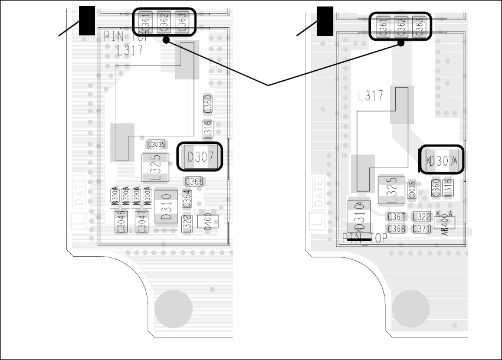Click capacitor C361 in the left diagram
(x=146, y=23)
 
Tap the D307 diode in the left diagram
(x=200, y=158)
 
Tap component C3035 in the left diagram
(x=156, y=144)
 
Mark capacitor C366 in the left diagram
(x=195, y=182)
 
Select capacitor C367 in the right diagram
(x=396, y=217)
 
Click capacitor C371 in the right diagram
(x=421, y=228)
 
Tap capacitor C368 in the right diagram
(x=396, y=228)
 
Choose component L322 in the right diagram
(x=421, y=217)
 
